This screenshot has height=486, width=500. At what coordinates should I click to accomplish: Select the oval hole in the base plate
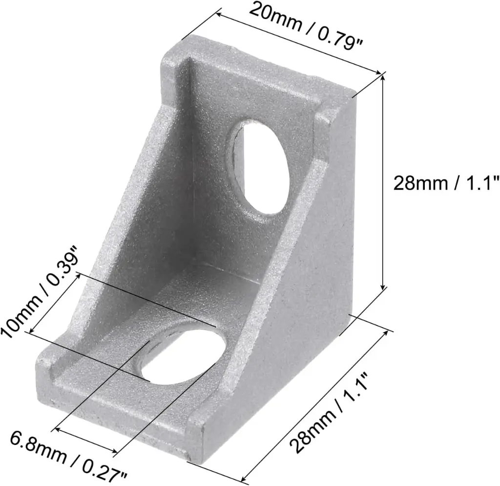(184, 356)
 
